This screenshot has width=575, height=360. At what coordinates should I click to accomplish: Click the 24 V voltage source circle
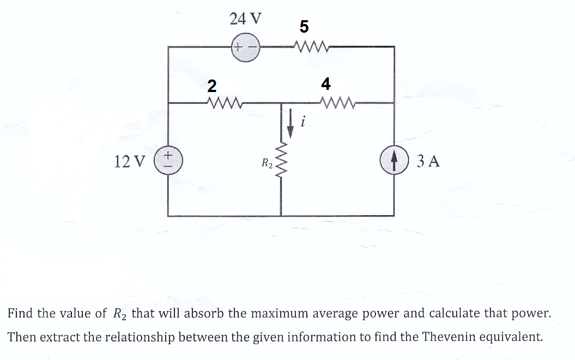point(245,48)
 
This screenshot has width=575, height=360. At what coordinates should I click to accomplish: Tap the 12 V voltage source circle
point(168,161)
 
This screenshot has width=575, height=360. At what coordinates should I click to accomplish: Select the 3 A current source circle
point(394,160)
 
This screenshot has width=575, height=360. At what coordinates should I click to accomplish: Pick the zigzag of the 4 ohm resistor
point(338,103)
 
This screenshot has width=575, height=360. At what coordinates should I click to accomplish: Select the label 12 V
point(130,161)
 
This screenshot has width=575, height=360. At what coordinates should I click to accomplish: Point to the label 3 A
point(428,161)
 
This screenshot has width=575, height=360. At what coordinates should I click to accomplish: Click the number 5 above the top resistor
point(304,26)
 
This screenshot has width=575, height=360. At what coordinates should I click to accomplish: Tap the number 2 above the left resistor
point(212,86)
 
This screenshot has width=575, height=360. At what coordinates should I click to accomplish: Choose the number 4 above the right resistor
point(325,84)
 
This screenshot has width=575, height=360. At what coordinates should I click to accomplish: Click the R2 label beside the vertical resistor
point(267,163)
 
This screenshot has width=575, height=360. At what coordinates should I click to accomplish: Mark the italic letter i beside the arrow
point(302,121)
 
